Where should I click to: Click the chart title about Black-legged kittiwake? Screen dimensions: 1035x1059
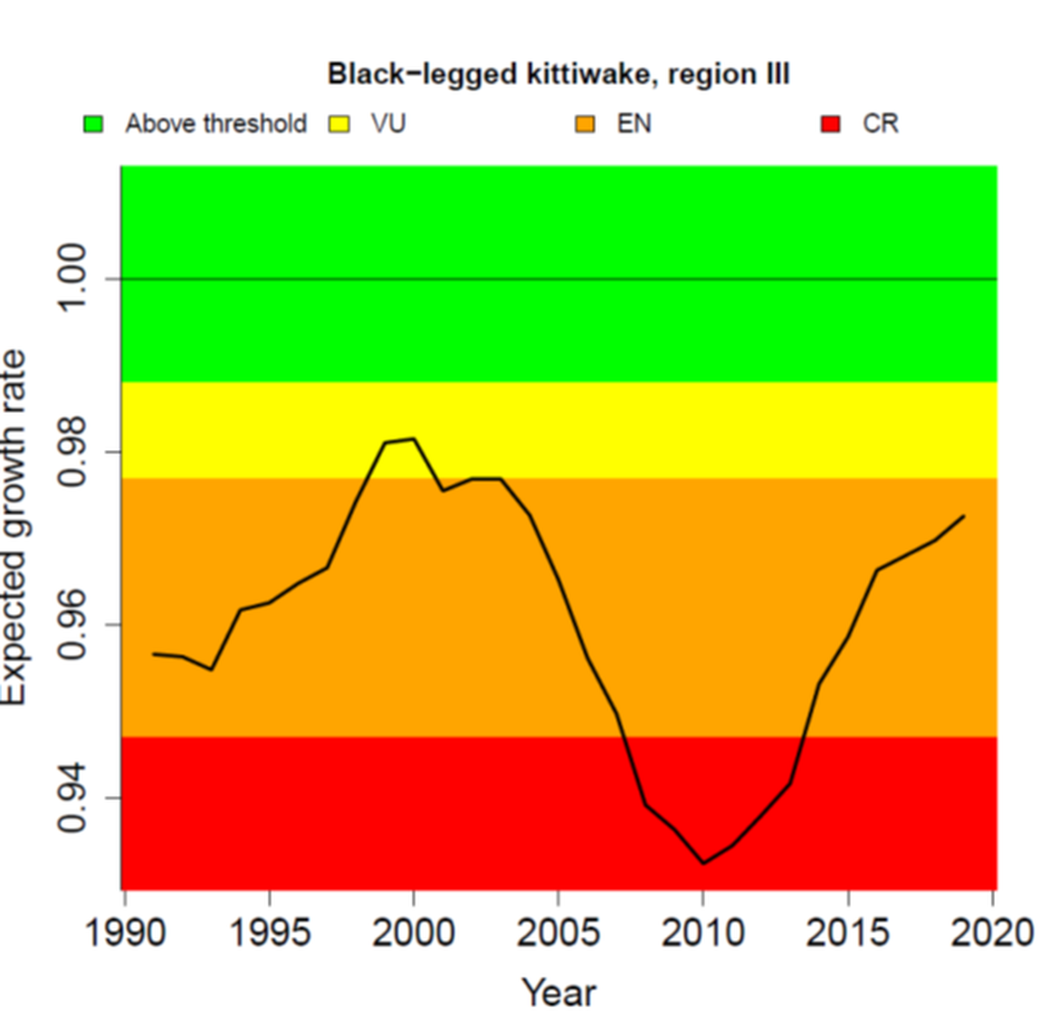(558, 73)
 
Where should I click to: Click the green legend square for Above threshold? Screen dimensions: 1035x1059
(94, 124)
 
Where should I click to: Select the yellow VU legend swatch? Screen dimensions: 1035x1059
(339, 124)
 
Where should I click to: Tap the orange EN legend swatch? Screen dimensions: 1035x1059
(586, 124)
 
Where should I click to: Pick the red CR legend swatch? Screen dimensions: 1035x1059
(830, 124)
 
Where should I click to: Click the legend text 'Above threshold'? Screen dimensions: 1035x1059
(216, 124)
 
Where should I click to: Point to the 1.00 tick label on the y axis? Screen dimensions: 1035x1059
(72, 278)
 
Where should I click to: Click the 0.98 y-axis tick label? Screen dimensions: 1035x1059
(72, 451)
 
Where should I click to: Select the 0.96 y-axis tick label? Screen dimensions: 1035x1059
(72, 625)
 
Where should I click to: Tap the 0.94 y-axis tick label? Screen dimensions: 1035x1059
(72, 798)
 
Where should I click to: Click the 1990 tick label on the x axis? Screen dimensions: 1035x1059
(125, 933)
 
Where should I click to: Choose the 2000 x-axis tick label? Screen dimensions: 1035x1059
(414, 933)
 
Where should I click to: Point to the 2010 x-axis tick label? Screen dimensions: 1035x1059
(702, 933)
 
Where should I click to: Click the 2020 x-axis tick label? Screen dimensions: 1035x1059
(992, 933)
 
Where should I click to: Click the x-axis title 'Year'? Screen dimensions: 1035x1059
(558, 993)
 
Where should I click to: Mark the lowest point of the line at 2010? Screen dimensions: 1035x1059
(703, 863)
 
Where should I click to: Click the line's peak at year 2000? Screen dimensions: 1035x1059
(414, 439)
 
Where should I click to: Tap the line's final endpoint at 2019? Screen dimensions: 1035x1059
(963, 516)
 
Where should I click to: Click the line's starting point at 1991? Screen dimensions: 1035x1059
(154, 654)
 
